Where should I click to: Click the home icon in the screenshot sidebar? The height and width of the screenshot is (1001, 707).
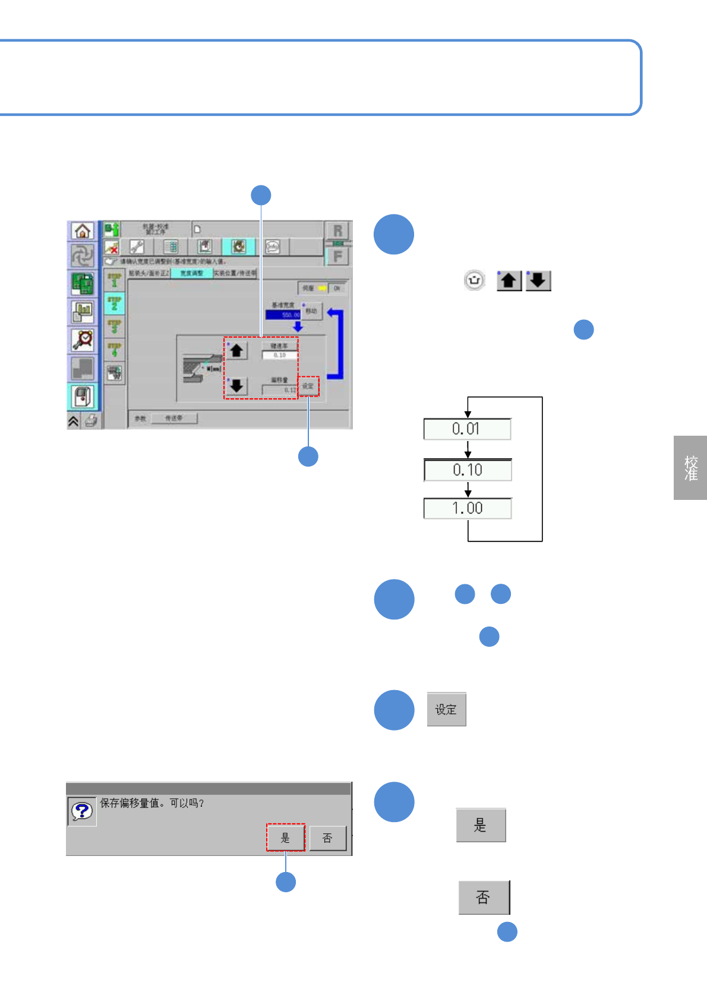click(x=83, y=231)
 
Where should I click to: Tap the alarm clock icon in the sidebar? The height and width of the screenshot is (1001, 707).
click(x=83, y=339)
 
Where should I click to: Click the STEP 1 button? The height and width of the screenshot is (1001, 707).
click(x=114, y=280)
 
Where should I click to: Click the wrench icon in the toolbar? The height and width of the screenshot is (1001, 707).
click(x=137, y=247)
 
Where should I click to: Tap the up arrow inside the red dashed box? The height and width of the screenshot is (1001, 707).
click(x=236, y=351)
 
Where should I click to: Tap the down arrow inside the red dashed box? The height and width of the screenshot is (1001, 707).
click(x=236, y=386)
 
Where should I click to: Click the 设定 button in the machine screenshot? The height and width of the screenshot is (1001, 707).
click(x=308, y=386)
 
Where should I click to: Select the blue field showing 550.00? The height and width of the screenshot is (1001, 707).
click(x=283, y=315)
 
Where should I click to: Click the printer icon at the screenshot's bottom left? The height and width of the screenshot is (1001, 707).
click(x=91, y=421)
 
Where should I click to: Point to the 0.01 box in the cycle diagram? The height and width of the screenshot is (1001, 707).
click(x=467, y=429)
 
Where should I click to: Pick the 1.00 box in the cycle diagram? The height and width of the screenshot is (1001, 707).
click(x=467, y=509)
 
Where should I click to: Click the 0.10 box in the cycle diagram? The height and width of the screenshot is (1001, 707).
click(x=467, y=470)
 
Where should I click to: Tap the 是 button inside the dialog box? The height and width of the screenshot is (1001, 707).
click(x=285, y=838)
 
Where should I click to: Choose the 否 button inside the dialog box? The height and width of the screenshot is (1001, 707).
click(x=327, y=838)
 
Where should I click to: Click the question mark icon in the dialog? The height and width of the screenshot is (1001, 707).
click(x=82, y=811)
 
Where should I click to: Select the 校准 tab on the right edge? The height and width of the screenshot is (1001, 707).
click(x=690, y=468)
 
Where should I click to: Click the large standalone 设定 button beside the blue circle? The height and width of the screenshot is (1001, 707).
click(x=446, y=709)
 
